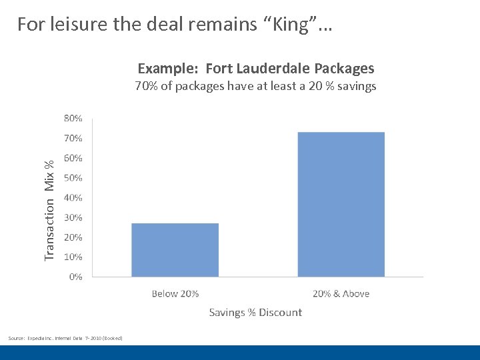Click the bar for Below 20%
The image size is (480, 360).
175,249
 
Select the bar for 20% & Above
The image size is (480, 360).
341,204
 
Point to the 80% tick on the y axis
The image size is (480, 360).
73,119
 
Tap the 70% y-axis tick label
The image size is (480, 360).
73,139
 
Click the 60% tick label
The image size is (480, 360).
73,159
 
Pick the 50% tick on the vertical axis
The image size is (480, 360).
73,178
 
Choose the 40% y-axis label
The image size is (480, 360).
73,198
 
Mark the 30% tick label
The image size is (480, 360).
73,217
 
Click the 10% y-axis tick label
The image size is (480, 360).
73,257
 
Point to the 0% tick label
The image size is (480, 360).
75,277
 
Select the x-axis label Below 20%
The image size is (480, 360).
175,293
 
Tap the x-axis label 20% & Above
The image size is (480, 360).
341,293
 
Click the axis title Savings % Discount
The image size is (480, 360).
255,312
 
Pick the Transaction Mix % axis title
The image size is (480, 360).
49,211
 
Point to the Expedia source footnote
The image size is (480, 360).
65,339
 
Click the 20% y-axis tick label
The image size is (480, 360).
73,237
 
